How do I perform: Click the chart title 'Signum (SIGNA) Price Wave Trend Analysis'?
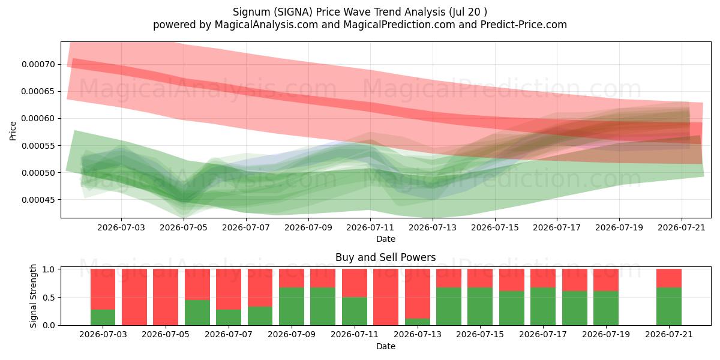(339, 12)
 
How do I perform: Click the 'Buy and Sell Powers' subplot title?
(385, 257)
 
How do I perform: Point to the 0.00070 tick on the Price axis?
(38, 64)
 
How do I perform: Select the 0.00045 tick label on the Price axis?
(38, 200)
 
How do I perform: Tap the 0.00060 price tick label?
(38, 119)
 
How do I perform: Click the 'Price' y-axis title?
(13, 131)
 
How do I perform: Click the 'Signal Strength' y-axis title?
(33, 296)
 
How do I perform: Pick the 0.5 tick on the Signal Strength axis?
(49, 298)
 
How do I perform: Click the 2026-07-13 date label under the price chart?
(433, 227)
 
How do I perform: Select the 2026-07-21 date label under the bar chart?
(669, 334)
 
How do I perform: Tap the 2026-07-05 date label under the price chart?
(184, 227)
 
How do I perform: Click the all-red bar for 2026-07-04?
(134, 297)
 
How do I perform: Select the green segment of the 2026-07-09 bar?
(292, 307)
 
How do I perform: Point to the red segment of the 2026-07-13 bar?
(418, 294)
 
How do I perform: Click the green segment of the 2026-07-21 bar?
(669, 307)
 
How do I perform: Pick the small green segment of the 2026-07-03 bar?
(103, 317)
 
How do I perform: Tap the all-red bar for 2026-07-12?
(386, 297)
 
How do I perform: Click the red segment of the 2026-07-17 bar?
(543, 278)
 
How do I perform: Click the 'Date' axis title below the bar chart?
(386, 347)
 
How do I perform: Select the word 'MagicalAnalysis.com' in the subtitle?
(266, 25)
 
